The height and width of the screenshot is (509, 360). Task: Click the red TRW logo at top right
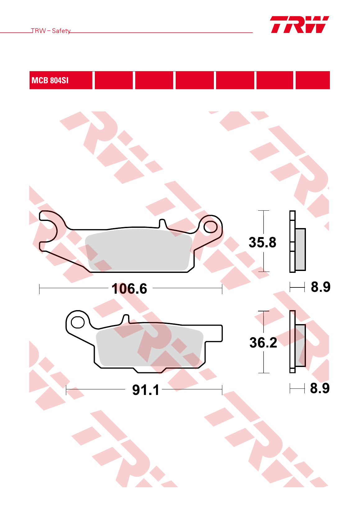point(299,25)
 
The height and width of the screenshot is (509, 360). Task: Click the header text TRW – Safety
point(51,31)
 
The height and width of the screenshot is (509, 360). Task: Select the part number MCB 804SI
point(50,80)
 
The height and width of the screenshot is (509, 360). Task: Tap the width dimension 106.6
point(129,289)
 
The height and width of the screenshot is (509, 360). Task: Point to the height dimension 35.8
point(262,242)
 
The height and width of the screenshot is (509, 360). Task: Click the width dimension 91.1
point(146,390)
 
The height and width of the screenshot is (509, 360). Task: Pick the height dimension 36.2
point(263,342)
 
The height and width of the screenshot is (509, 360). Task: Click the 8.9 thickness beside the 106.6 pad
point(321,287)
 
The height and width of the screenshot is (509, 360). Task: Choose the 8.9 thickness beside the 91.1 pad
point(320,388)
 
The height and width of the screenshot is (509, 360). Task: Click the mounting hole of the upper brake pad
point(210,227)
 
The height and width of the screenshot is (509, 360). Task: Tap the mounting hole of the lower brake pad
point(78,322)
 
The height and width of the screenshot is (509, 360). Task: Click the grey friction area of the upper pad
point(139,250)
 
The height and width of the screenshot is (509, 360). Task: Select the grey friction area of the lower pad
point(150,345)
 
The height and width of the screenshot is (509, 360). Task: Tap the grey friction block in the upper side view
point(300,249)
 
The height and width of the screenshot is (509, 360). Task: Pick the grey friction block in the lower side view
point(300,346)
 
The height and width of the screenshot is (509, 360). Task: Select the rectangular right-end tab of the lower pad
point(214,333)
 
